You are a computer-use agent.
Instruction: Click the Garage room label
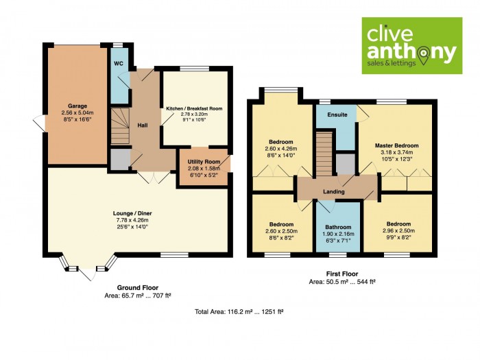[77, 106]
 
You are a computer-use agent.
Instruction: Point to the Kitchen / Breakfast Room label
[194, 109]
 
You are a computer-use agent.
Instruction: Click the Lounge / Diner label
[136, 213]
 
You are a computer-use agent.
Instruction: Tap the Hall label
[142, 125]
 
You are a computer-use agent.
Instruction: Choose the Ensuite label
[336, 114]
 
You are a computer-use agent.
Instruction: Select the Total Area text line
[239, 311]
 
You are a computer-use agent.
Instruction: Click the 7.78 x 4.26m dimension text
[136, 220]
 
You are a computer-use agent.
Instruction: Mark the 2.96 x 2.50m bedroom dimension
[398, 231]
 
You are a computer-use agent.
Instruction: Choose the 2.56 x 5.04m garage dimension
[77, 113]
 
